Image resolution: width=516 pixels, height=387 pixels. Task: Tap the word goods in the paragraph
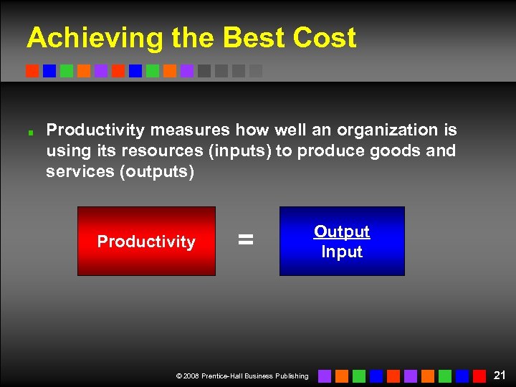tap(399, 151)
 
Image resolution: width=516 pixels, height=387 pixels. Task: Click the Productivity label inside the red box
tap(146, 242)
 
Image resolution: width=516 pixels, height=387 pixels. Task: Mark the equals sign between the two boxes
tap(246, 241)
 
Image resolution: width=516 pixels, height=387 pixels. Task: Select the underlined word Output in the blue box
tap(342, 231)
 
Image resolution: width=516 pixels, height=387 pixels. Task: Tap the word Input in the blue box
tap(342, 252)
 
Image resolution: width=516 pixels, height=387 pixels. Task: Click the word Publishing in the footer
tap(292, 376)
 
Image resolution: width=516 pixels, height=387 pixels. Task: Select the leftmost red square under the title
tap(32, 71)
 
